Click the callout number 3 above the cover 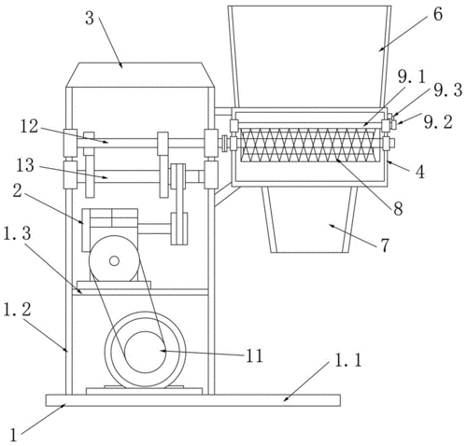coord(90,19)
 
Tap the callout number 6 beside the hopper coord(438,14)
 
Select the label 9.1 coord(412,77)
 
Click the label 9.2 coord(438,122)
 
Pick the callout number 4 coord(420,172)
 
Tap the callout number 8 coord(398,209)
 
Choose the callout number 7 coord(385,245)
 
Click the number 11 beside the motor coord(254,355)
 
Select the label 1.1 coord(347,361)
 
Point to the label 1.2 coord(17,310)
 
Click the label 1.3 coord(17,233)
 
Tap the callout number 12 coord(29,127)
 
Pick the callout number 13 coord(25,165)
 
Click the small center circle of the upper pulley coord(114,261)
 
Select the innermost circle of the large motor coord(145,352)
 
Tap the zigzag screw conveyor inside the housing coord(308,145)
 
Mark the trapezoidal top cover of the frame coord(140,75)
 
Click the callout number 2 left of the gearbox coord(17,190)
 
